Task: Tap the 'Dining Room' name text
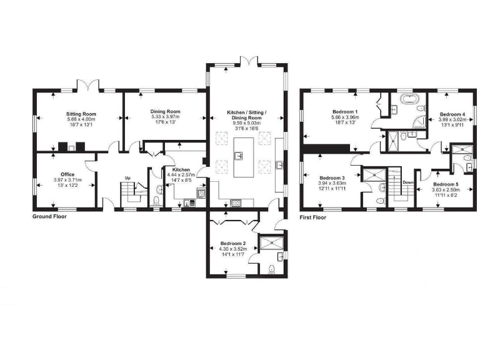165,111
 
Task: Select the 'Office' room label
67,174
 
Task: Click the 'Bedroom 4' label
452,115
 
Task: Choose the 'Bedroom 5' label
446,184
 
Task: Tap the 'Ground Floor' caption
49,217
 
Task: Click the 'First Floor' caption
314,217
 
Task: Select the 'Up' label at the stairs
128,177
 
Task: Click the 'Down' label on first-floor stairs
408,182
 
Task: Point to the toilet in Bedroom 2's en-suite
271,269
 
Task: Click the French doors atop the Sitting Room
85,85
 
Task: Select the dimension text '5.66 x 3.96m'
344,117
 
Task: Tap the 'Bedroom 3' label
331,177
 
